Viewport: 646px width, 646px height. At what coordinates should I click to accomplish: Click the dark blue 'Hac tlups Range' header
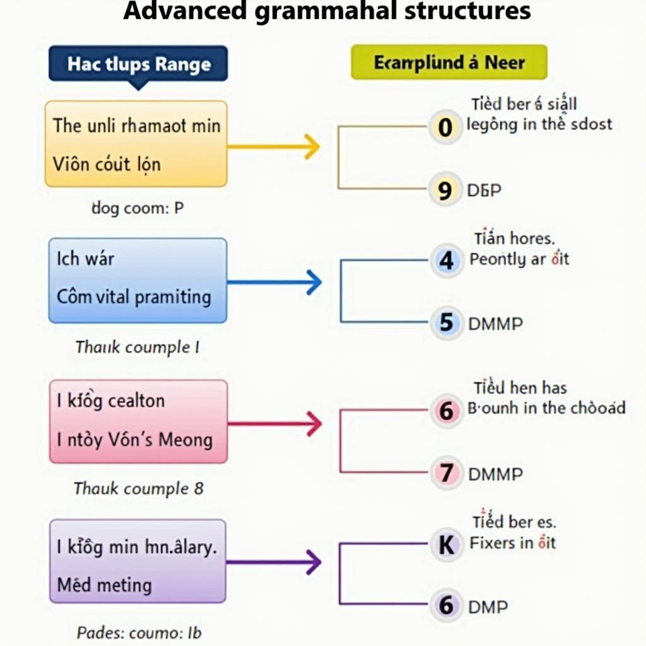(x=138, y=64)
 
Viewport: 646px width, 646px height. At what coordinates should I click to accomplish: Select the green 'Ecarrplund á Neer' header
(x=449, y=62)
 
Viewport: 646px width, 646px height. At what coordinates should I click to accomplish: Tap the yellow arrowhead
(x=310, y=146)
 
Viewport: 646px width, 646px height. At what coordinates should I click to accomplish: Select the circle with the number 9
(x=445, y=190)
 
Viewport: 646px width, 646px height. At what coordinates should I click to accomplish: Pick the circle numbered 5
(x=447, y=324)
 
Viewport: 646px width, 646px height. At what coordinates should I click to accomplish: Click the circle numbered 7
(x=447, y=473)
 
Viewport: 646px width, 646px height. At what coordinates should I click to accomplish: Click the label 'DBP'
(x=484, y=190)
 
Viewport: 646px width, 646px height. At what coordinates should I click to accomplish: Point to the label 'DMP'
(x=488, y=607)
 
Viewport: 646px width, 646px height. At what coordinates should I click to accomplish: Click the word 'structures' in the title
(x=463, y=11)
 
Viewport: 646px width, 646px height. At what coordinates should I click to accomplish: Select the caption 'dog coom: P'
(x=138, y=208)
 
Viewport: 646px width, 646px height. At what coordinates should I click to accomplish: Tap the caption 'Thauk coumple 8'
(x=138, y=488)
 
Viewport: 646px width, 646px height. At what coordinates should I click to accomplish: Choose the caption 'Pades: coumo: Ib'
(x=139, y=631)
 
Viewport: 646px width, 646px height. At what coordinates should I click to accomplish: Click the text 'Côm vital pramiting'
(x=134, y=297)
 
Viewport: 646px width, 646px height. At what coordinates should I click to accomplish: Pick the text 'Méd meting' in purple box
(x=104, y=585)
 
